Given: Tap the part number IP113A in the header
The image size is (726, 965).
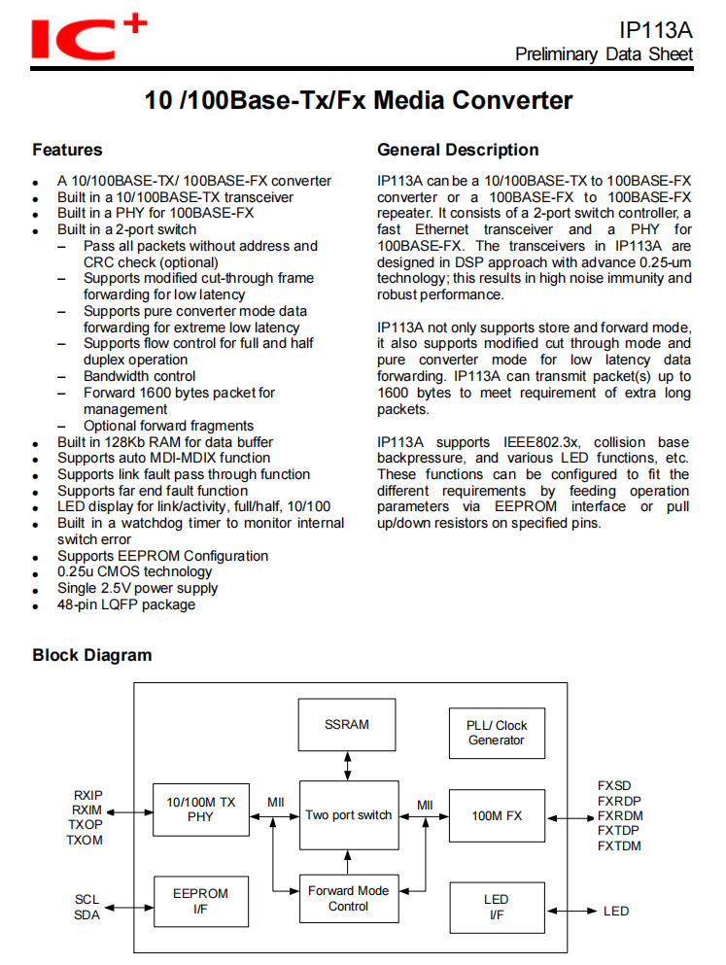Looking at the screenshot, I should pos(656,30).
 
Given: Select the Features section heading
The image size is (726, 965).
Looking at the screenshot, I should pos(67,150).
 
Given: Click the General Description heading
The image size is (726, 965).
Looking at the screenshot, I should pos(458,150).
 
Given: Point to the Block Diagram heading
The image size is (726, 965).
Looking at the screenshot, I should pos(92,655).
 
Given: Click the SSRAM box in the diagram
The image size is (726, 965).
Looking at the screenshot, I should pos(347,725).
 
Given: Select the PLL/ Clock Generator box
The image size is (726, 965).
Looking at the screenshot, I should pos(496,733).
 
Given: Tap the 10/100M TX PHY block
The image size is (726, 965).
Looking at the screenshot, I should pos(201,809).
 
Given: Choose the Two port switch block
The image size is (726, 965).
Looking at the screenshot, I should pos(348,815).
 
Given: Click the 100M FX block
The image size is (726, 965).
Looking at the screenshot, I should pos(497,815).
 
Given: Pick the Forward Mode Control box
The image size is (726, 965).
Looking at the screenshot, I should pos(348,898).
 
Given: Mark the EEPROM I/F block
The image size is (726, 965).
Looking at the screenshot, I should pos(201,902).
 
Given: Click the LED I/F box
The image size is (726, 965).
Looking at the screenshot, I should pos(496,907).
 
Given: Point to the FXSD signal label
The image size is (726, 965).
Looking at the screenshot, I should pos(614,785).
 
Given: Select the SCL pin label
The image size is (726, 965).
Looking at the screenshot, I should pos(86,899).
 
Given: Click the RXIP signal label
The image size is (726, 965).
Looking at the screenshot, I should pos(86,794).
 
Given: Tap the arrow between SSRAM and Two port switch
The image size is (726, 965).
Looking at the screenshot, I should pos(348,766).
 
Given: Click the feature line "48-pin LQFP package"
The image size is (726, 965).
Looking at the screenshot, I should pos(125,604).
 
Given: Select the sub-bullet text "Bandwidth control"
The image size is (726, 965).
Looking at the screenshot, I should pos(139,376).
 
